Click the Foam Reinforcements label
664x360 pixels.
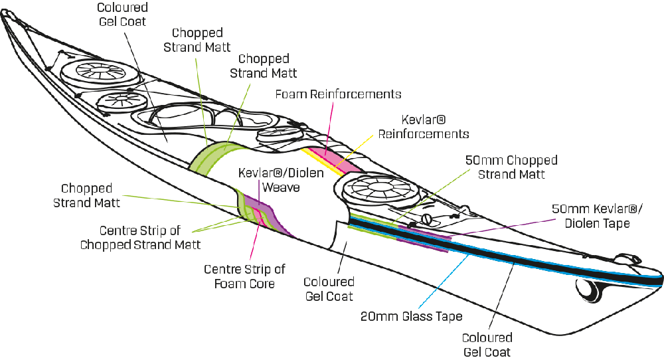[338, 94]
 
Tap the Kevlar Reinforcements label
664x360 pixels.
[423, 127]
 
